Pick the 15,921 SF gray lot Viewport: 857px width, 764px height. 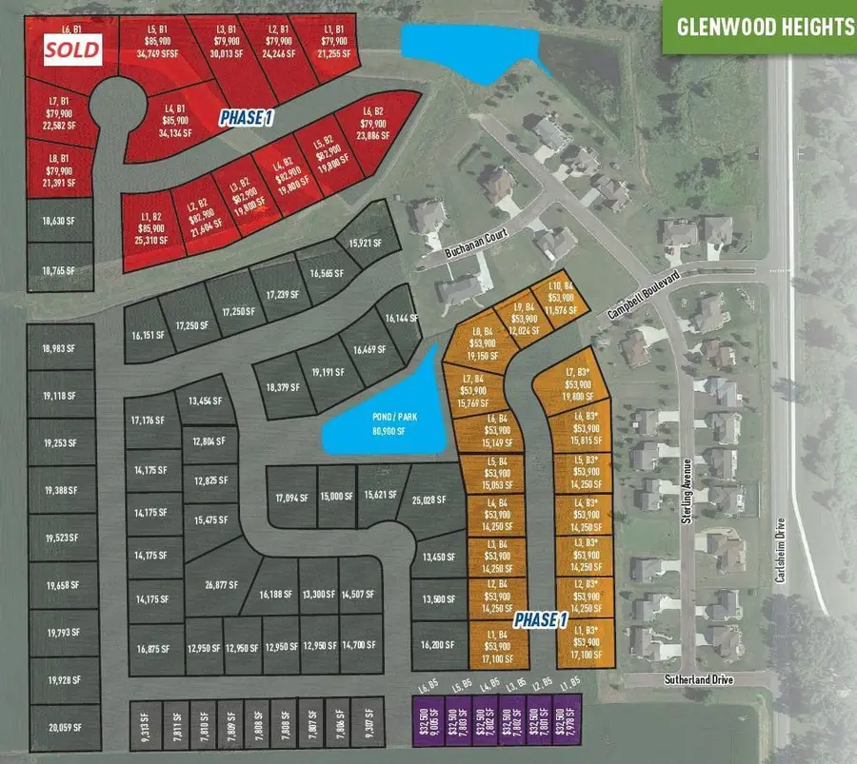click(365, 243)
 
